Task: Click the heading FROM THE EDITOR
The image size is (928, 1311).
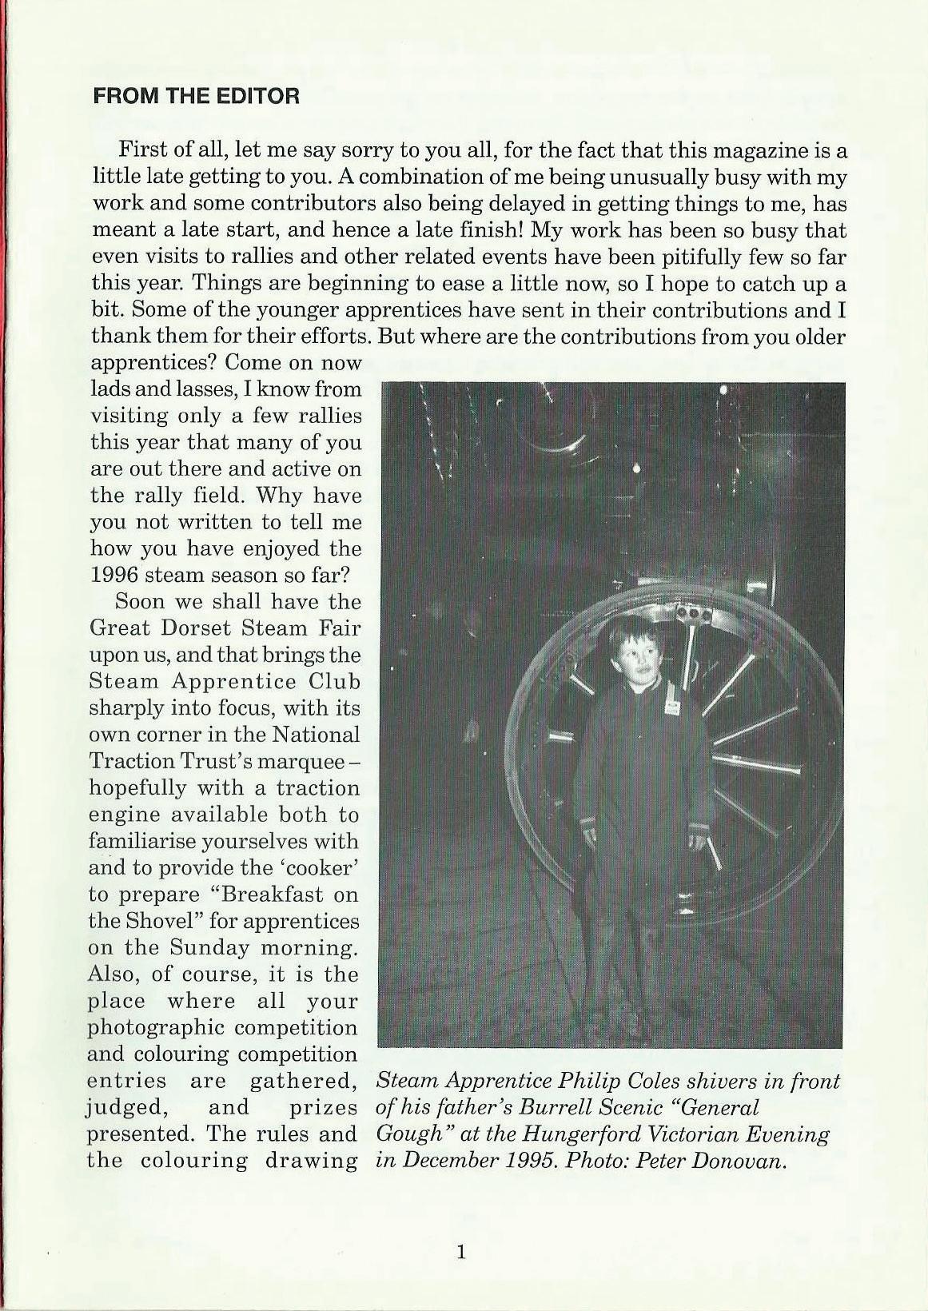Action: (197, 98)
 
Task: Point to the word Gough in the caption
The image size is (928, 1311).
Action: (407, 1135)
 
